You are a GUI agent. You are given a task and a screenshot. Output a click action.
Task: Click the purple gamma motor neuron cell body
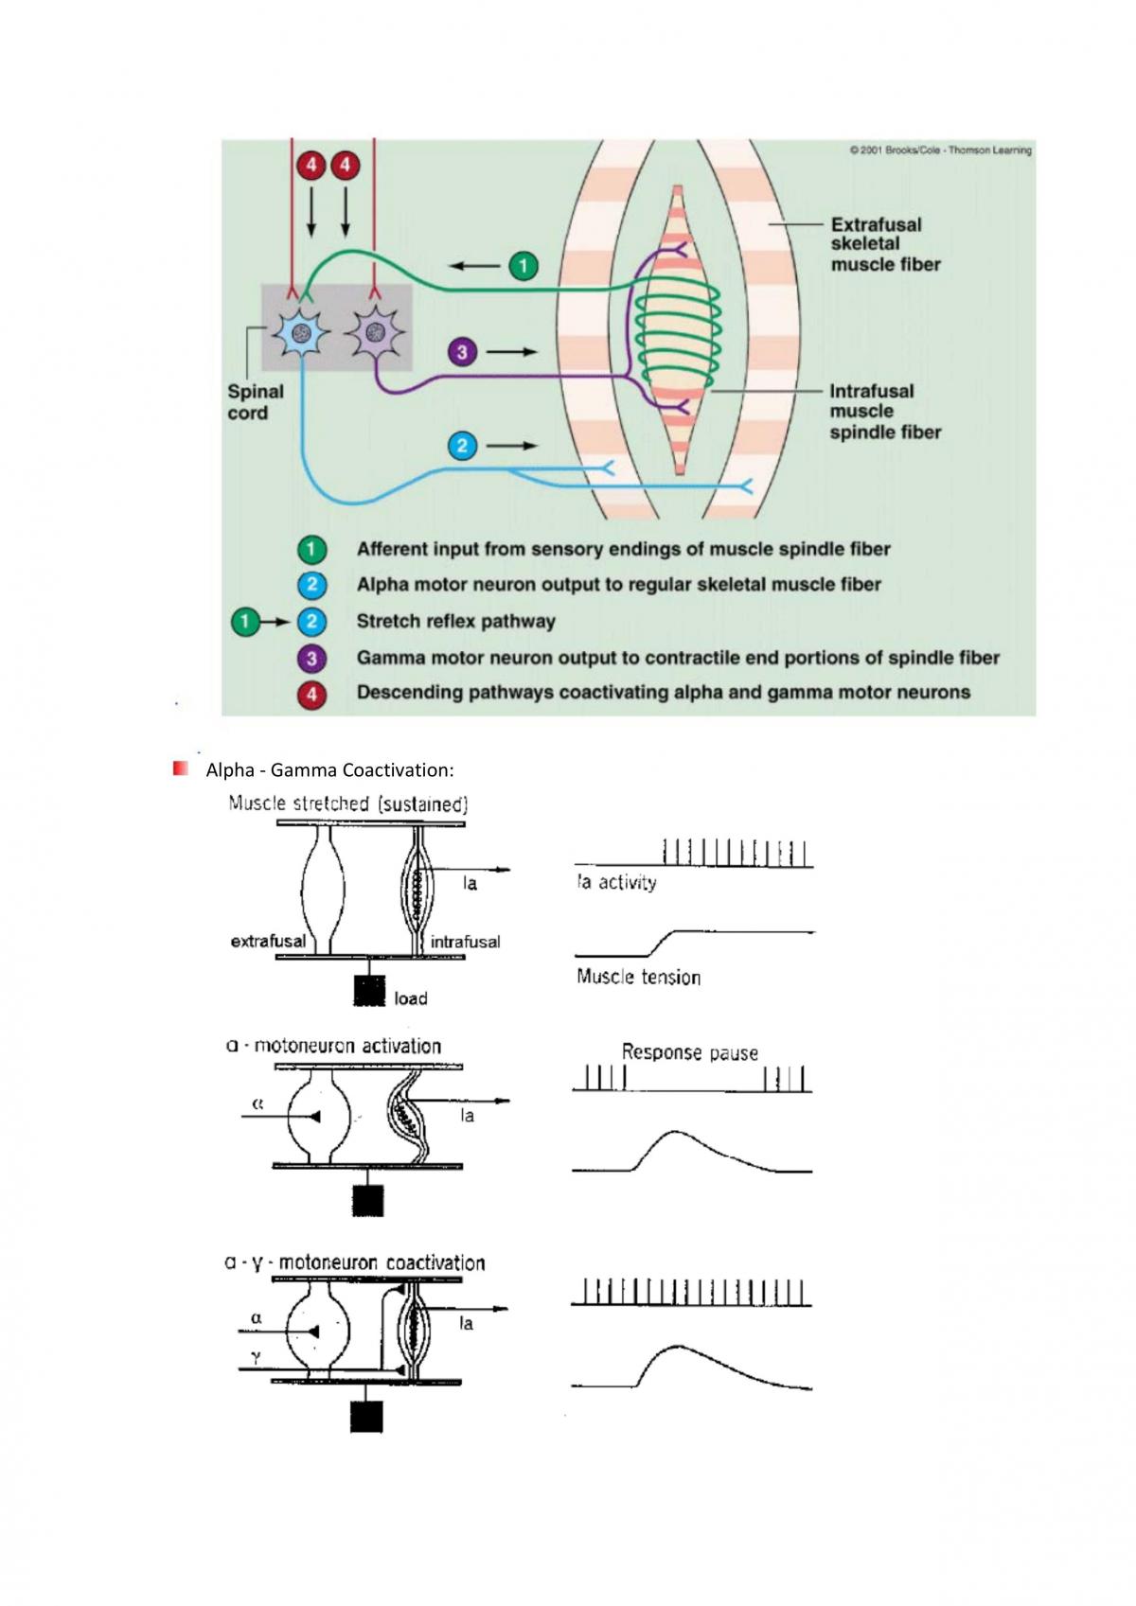[375, 332]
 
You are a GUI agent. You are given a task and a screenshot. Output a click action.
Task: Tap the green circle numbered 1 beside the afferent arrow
[523, 266]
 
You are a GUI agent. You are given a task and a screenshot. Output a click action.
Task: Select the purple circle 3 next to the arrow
[462, 352]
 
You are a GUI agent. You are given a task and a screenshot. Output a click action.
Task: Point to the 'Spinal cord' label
[256, 402]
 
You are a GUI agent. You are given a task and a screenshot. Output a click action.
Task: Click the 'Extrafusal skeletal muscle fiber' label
[885, 244]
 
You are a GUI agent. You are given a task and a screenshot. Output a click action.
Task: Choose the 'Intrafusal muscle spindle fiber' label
[885, 412]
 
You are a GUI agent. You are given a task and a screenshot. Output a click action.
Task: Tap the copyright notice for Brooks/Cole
[940, 150]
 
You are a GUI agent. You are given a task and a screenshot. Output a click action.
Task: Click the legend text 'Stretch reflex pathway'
[455, 621]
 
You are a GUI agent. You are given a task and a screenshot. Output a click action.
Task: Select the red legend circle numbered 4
[311, 694]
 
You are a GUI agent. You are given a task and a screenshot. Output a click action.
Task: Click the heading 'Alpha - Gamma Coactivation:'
[329, 770]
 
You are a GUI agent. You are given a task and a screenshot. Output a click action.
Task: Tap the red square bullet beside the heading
[180, 768]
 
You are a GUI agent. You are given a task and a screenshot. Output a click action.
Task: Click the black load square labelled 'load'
[369, 990]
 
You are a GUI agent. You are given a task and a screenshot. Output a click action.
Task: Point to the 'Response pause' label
[689, 1052]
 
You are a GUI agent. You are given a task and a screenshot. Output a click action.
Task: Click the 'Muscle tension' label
[638, 977]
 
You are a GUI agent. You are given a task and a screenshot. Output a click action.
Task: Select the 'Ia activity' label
[616, 882]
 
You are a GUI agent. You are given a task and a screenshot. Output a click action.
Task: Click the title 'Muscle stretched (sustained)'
[347, 803]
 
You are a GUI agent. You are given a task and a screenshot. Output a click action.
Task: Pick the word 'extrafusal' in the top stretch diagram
[268, 942]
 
